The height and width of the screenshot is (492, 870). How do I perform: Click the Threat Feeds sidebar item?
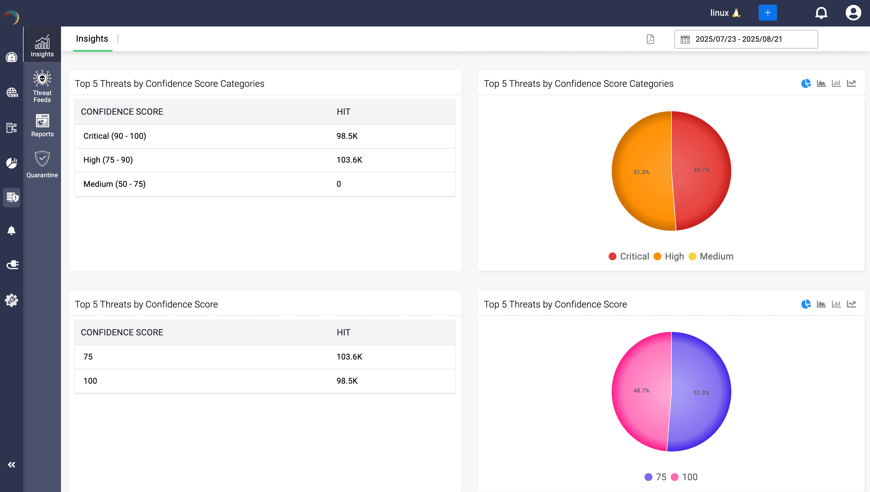coord(42,87)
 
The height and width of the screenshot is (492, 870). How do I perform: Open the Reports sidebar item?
coord(42,125)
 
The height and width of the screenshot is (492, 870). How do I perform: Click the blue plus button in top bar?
coord(768,13)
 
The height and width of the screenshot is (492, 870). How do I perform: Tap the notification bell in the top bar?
coord(821,13)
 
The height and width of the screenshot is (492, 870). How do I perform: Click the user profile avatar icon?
coord(853,13)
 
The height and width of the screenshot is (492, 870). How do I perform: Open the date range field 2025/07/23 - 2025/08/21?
coord(746,39)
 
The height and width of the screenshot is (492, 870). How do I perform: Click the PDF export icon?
coord(650,39)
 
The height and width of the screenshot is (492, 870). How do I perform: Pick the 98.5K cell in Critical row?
coord(347,136)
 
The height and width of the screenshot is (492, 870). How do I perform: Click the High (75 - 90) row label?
coord(108,160)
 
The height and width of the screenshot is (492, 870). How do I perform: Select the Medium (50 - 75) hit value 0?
coord(339,184)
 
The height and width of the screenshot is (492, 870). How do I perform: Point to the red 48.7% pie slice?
coord(701,170)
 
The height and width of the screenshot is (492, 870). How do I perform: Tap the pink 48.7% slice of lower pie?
coord(641,391)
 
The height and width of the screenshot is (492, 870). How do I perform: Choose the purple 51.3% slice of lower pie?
coord(701,393)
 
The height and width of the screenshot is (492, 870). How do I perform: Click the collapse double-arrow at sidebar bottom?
coord(12,465)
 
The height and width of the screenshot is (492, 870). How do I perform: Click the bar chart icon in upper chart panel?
coord(836,83)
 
